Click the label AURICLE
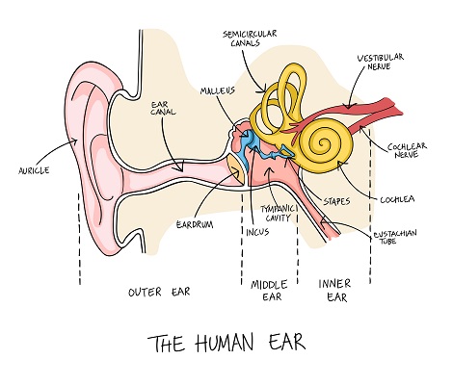click(34, 170)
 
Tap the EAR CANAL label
click(164, 108)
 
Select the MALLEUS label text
click(218, 90)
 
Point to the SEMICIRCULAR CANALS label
click(250, 38)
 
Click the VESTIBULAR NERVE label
click(381, 62)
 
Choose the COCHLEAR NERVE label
click(407, 150)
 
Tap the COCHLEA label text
click(397, 199)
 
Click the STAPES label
click(336, 201)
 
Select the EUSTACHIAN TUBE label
click(395, 237)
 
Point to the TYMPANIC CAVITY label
click(278, 214)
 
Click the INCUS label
click(257, 232)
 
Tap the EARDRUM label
click(195, 224)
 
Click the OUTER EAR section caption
click(159, 292)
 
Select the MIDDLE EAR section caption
click(269, 291)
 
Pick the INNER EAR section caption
click(334, 291)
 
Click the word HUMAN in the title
click(225, 343)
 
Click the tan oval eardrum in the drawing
click(237, 168)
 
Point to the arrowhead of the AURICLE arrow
click(75, 141)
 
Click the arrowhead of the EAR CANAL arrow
click(180, 168)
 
